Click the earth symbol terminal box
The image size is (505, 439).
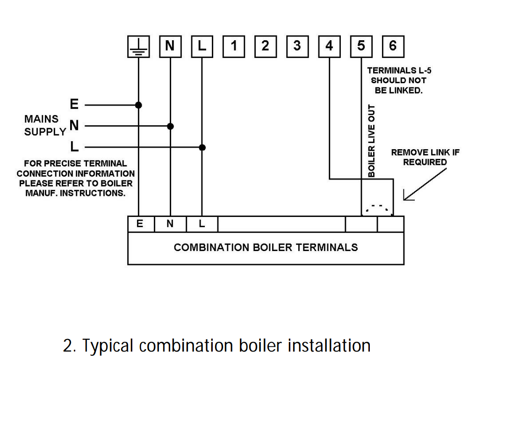point(138,46)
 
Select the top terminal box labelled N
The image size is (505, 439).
point(170,46)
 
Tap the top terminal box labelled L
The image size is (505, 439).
point(202,46)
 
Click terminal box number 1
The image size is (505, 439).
point(234,46)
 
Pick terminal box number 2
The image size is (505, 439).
point(266,46)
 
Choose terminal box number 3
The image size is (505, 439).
point(297,46)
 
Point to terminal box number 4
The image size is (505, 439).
point(329,46)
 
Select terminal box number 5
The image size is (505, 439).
point(361,46)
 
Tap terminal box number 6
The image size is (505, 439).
point(393,46)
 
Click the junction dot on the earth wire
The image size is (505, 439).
point(138,105)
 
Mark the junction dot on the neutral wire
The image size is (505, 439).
point(170,126)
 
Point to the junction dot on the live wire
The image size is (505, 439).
point(202,147)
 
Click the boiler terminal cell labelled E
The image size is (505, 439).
point(140,224)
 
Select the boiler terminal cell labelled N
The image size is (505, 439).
point(170,224)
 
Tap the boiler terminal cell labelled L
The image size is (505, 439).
point(202,224)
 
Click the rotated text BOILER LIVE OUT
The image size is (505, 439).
point(372,140)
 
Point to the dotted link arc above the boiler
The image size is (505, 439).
point(378,208)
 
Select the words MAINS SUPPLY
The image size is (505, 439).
point(44,125)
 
